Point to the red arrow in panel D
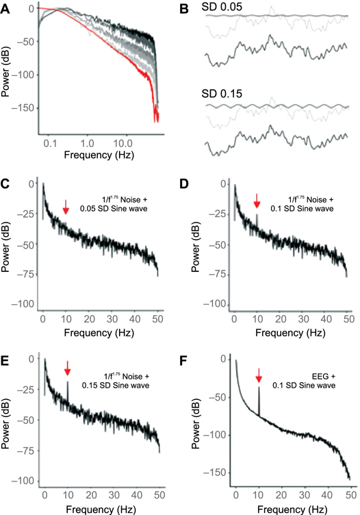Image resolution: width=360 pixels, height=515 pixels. pos(257,201)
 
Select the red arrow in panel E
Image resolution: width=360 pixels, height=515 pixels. pos(67,369)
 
